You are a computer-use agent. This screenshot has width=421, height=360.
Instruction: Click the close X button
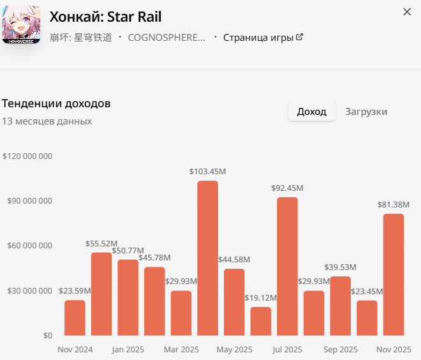pos(407,12)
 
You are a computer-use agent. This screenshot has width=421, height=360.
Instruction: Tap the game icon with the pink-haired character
pos(21,24)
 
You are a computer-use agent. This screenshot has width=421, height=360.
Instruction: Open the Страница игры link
pos(262,38)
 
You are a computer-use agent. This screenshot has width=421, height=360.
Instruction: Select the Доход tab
pos(311,112)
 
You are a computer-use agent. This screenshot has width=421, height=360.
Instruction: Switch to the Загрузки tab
pos(366,112)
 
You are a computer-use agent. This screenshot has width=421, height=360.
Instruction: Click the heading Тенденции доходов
pos(57,103)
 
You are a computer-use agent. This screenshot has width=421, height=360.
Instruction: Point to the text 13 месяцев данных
pos(47,121)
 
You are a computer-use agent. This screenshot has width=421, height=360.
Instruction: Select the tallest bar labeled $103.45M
pos(207,258)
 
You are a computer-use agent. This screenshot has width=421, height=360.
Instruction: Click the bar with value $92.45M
pos(287,266)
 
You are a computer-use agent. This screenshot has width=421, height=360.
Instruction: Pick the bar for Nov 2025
pos(394,274)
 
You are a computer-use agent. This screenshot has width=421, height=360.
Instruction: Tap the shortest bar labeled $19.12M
pos(260,321)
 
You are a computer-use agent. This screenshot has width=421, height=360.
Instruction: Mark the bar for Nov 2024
pos(75,318)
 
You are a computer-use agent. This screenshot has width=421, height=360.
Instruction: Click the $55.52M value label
pos(101,244)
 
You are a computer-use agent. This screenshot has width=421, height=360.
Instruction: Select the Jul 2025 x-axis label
pos(287,350)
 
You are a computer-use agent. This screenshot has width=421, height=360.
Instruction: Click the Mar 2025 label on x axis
pos(181,350)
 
